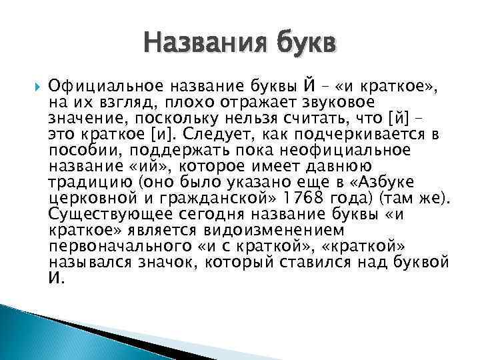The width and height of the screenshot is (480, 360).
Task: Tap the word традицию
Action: (x=87, y=182)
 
